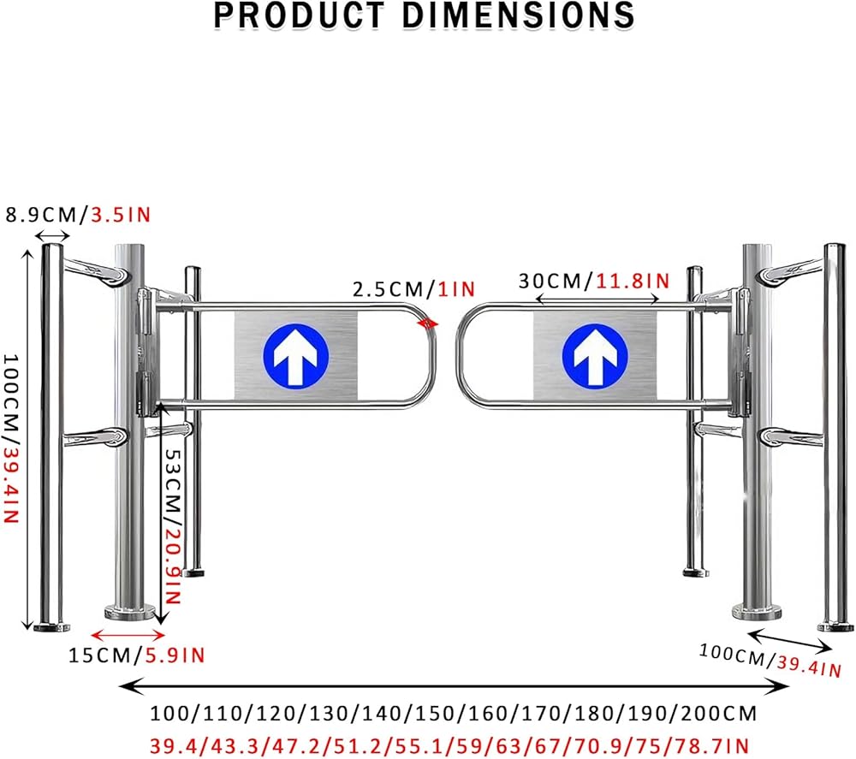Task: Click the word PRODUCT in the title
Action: click(x=299, y=15)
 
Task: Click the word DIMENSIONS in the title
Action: click(x=519, y=15)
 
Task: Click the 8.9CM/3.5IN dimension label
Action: click(x=78, y=215)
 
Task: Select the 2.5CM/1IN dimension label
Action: click(x=413, y=288)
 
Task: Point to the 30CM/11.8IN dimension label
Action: click(x=594, y=281)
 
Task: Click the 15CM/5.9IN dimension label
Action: click(x=136, y=655)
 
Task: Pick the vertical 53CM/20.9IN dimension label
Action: click(x=173, y=526)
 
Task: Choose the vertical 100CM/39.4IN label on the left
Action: click(x=11, y=438)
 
